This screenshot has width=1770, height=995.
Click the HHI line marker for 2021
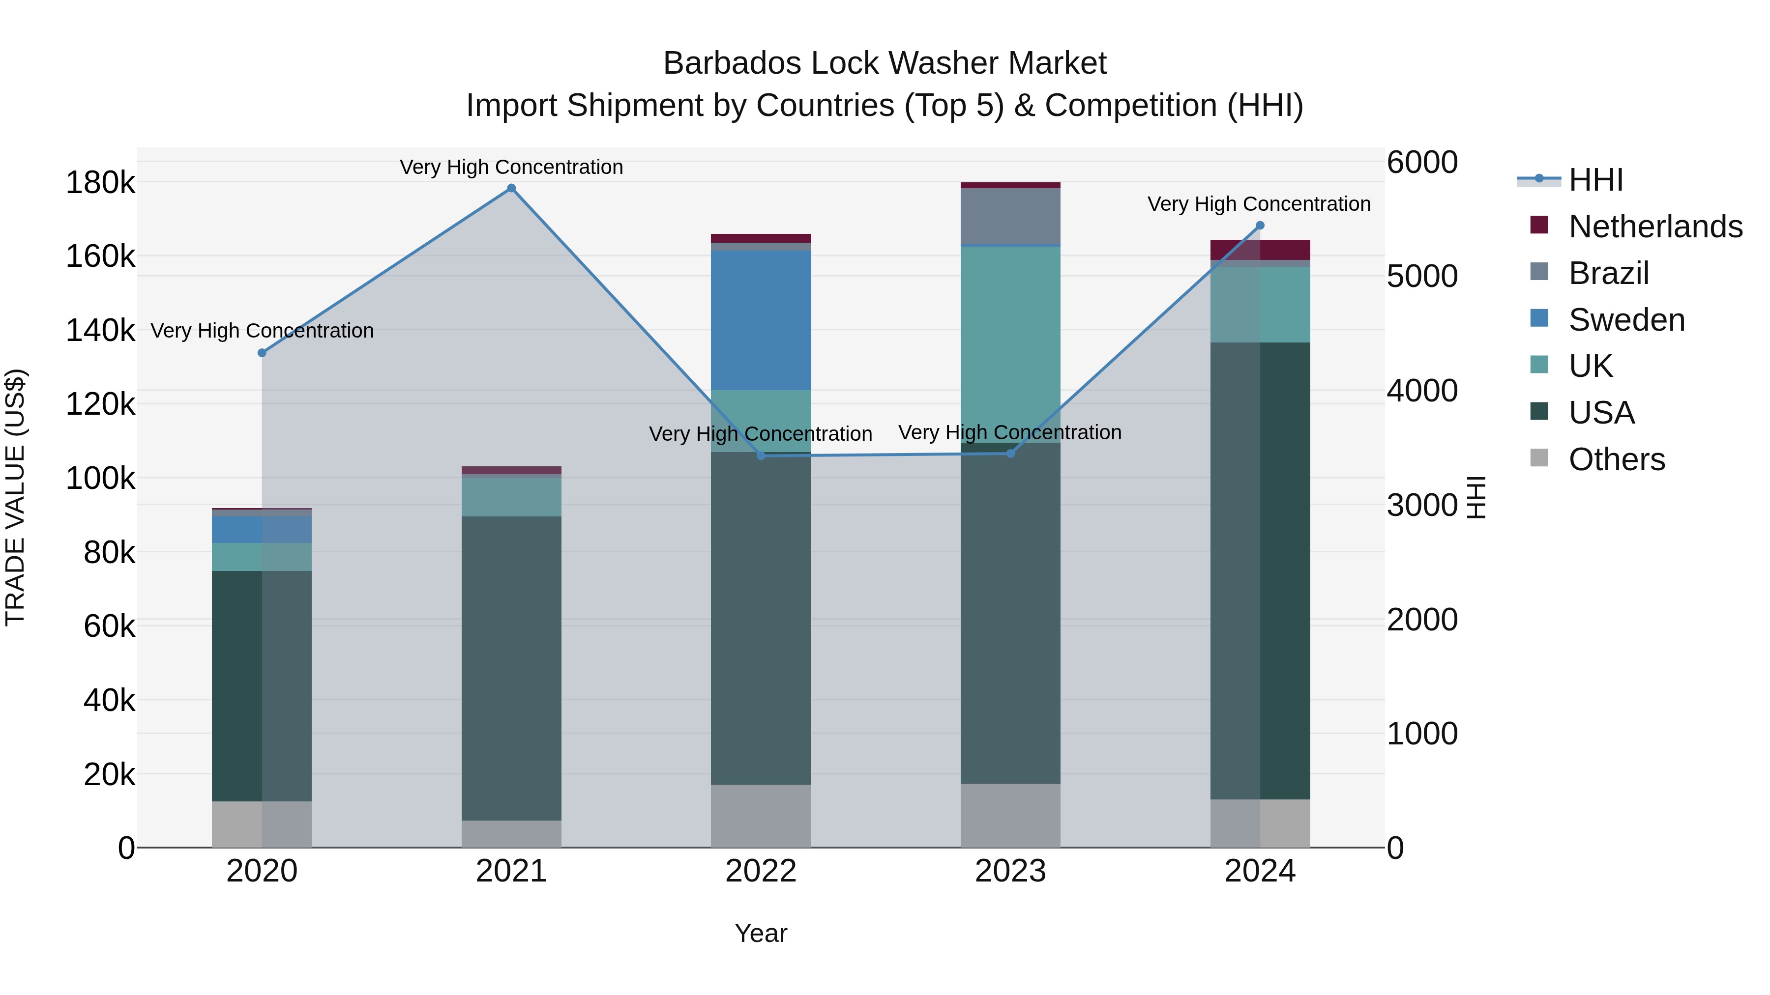tap(511, 188)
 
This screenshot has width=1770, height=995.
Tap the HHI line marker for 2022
tap(761, 456)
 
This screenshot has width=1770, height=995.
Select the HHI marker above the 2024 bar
tap(1260, 225)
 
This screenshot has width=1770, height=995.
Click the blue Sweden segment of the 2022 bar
tap(761, 320)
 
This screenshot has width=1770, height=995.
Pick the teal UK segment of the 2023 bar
tap(1010, 343)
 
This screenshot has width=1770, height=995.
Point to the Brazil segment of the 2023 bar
tap(1010, 216)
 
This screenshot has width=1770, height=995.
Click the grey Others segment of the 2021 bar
tap(511, 834)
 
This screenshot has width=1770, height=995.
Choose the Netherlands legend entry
tap(1654, 227)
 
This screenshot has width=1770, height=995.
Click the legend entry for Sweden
tap(1626, 320)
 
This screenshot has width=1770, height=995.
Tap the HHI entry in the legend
tap(1595, 180)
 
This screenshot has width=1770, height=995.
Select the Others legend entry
tap(1616, 459)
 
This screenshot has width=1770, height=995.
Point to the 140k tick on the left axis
tap(100, 330)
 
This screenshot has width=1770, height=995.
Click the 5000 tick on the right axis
tap(1421, 276)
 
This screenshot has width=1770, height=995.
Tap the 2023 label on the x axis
tap(1010, 871)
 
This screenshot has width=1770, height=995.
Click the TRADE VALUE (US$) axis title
tap(15, 497)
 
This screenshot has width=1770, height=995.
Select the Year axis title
tap(761, 933)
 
